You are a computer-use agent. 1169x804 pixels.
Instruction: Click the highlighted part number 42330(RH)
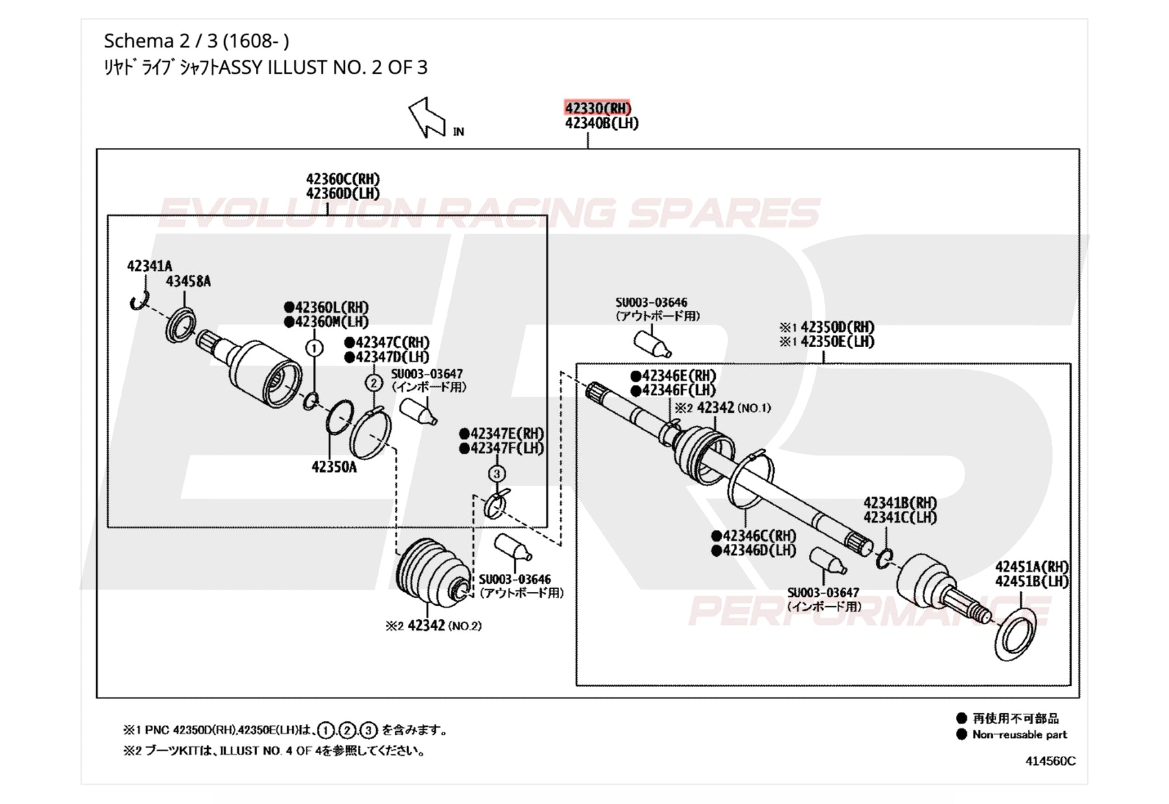(x=597, y=108)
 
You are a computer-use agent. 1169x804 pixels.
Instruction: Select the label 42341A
(x=149, y=266)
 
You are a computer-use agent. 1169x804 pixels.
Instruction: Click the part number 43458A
(x=188, y=282)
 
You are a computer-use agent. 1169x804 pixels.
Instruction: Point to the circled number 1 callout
(x=314, y=348)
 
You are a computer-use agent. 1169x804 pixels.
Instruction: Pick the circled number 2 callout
(x=373, y=383)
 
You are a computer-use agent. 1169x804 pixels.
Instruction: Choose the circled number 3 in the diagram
(x=497, y=474)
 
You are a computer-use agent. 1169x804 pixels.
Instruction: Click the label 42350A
(x=334, y=467)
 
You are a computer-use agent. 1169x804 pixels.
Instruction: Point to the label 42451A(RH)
(x=1032, y=567)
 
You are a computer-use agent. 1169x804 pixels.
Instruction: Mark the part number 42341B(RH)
(x=900, y=503)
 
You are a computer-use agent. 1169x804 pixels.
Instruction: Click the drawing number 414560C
(x=1050, y=761)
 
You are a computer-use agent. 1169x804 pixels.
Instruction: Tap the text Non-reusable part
(x=1020, y=735)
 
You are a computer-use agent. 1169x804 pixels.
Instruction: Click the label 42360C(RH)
(x=343, y=179)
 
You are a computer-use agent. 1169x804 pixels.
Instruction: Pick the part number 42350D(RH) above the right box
(x=838, y=327)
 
